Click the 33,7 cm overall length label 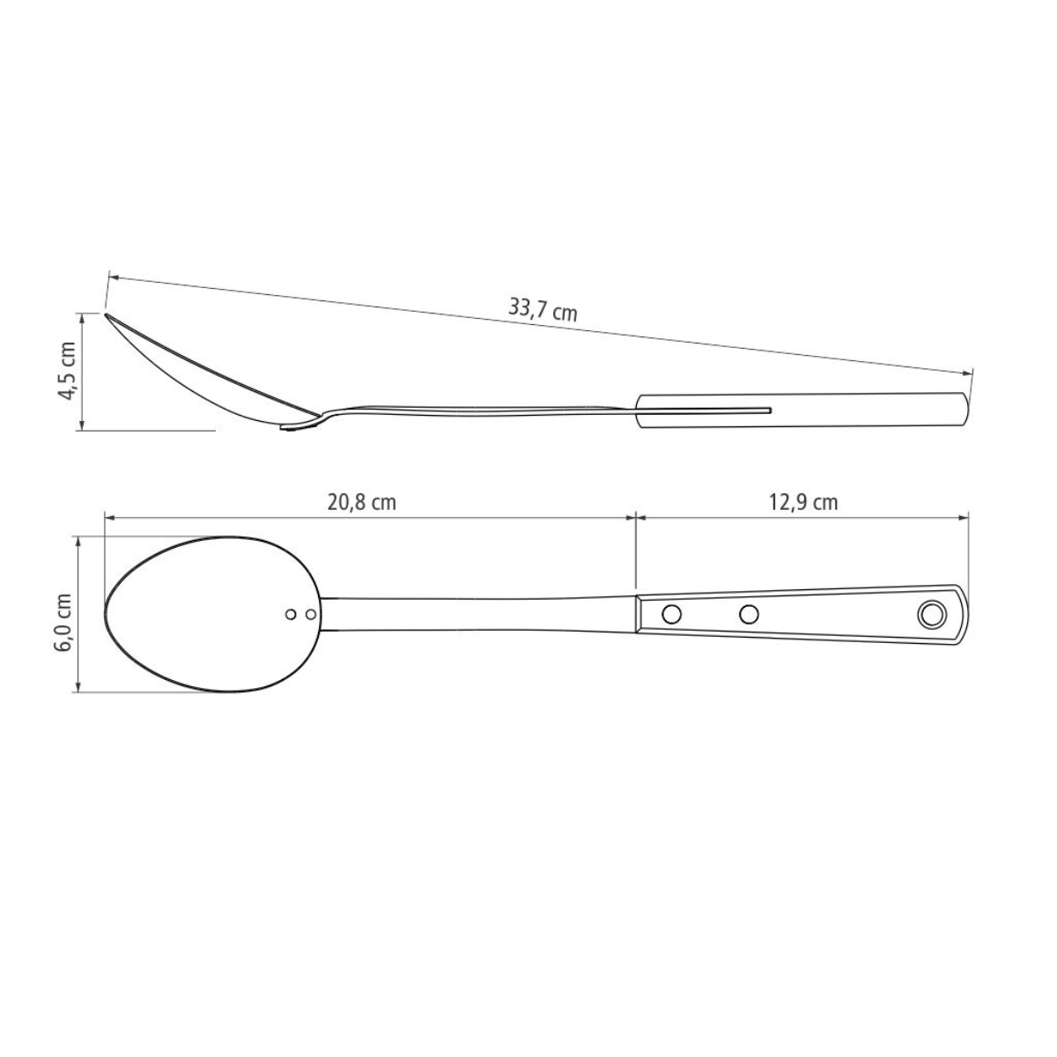[543, 309]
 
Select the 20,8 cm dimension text [361, 503]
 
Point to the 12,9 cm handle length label [803, 503]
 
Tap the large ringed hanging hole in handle [930, 614]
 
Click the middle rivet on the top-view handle [749, 614]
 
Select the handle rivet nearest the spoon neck [670, 614]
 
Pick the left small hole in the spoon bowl [292, 614]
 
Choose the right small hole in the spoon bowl [310, 614]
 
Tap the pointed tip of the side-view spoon [107, 314]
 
